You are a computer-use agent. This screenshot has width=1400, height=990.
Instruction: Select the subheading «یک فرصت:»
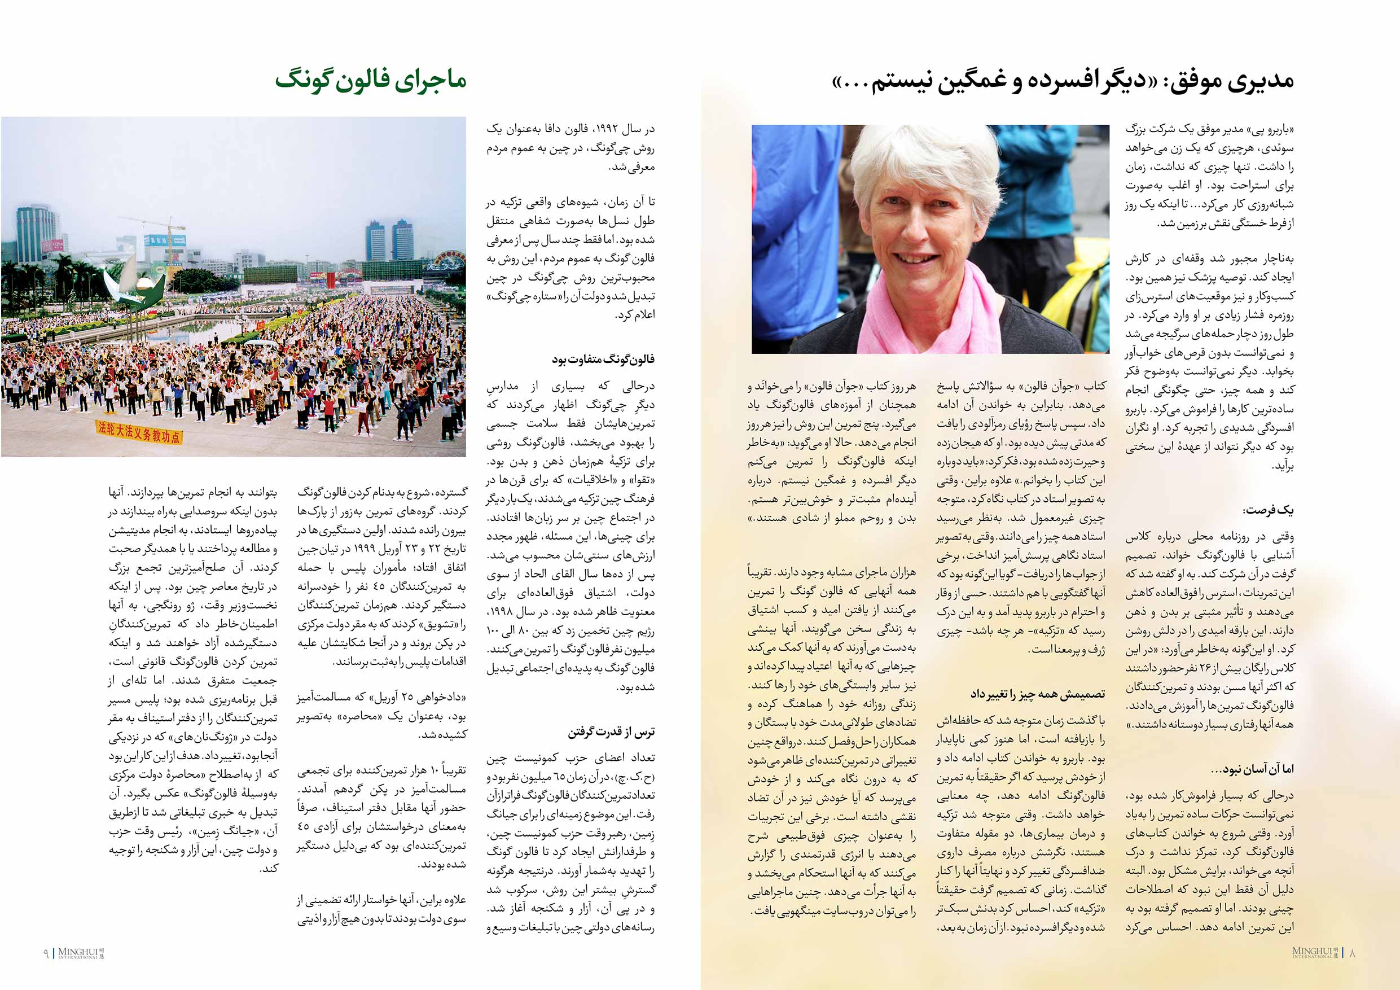click(1269, 510)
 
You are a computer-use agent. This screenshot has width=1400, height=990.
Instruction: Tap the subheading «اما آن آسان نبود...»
click(1253, 769)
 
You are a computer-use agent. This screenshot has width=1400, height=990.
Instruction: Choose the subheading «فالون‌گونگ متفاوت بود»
click(603, 360)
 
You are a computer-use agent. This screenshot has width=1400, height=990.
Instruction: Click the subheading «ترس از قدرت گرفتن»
click(612, 731)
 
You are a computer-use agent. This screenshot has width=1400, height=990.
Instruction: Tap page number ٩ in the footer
click(46, 953)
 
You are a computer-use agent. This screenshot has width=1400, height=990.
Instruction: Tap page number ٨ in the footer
click(1352, 953)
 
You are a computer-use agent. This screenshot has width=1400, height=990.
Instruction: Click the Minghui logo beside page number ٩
click(81, 953)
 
